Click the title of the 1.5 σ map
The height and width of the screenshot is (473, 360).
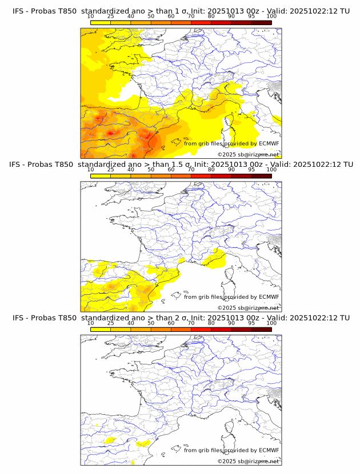[181, 165]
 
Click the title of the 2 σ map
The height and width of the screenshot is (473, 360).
[181, 318]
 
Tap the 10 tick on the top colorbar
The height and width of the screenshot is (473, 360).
[91, 17]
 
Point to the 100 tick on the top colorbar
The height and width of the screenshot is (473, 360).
[271, 17]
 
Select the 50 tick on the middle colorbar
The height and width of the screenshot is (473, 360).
[151, 170]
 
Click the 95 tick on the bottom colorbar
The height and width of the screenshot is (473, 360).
[251, 323]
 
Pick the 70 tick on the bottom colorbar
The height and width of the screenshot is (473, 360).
[191, 323]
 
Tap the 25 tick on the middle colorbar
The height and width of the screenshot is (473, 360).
[111, 170]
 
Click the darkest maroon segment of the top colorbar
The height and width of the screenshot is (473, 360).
[261, 22]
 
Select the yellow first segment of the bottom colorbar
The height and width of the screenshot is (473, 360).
[101, 328]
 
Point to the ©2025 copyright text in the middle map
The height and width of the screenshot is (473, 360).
[248, 307]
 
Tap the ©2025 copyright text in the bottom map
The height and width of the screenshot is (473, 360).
[248, 460]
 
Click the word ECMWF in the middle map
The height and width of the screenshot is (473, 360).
[269, 296]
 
